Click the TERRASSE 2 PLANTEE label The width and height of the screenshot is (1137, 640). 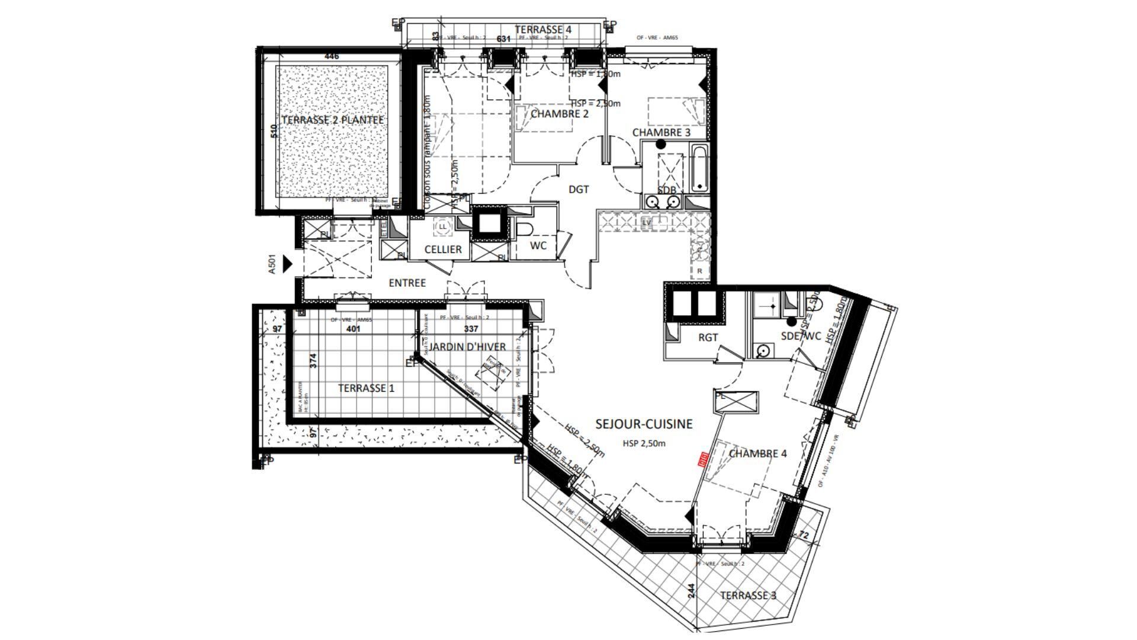[x=332, y=120]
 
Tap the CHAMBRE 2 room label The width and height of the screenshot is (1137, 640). [x=559, y=114]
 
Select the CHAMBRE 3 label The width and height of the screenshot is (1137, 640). [x=661, y=132]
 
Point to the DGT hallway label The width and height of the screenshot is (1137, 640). [x=579, y=190]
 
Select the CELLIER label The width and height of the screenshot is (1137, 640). [x=443, y=249]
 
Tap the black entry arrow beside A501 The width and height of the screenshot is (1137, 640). [x=288, y=263]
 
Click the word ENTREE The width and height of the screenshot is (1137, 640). [x=407, y=283]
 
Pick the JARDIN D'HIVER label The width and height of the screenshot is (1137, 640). [x=468, y=347]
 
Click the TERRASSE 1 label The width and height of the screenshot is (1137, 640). [x=366, y=389]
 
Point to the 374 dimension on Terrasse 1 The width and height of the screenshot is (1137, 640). [x=313, y=361]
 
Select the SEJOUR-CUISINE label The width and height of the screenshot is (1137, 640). [x=644, y=424]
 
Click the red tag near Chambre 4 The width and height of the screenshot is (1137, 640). [x=704, y=460]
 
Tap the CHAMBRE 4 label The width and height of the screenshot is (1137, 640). [x=757, y=454]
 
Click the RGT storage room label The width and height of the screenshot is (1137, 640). [x=708, y=338]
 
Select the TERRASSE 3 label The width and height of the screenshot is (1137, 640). [x=747, y=596]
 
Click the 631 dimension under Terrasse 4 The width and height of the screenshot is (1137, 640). [x=503, y=39]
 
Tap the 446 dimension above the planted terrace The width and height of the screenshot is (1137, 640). [x=332, y=56]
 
